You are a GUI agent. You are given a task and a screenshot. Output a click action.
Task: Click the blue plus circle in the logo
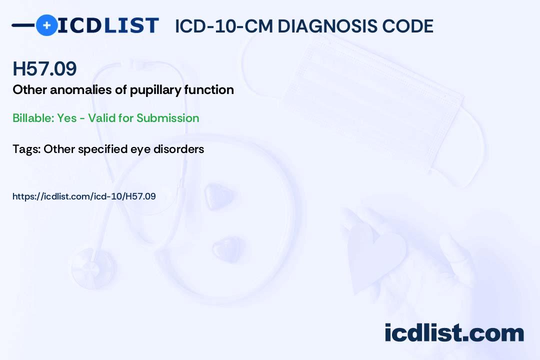click(x=46, y=25)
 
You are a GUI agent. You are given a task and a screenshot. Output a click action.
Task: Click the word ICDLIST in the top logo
click(x=108, y=25)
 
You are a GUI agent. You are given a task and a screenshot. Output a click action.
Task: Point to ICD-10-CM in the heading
click(x=223, y=26)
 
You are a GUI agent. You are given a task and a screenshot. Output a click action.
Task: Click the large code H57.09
click(x=44, y=68)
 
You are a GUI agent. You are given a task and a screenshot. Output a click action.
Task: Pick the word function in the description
click(x=209, y=89)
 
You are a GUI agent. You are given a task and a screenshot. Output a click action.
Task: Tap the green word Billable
click(x=33, y=118)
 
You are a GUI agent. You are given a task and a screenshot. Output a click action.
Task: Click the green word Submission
click(x=167, y=118)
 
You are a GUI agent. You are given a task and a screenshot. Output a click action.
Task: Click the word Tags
click(x=27, y=149)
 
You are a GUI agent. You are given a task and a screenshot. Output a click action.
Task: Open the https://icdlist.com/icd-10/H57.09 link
click(x=84, y=196)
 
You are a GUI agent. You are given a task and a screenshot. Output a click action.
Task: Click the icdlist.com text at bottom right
click(x=454, y=332)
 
